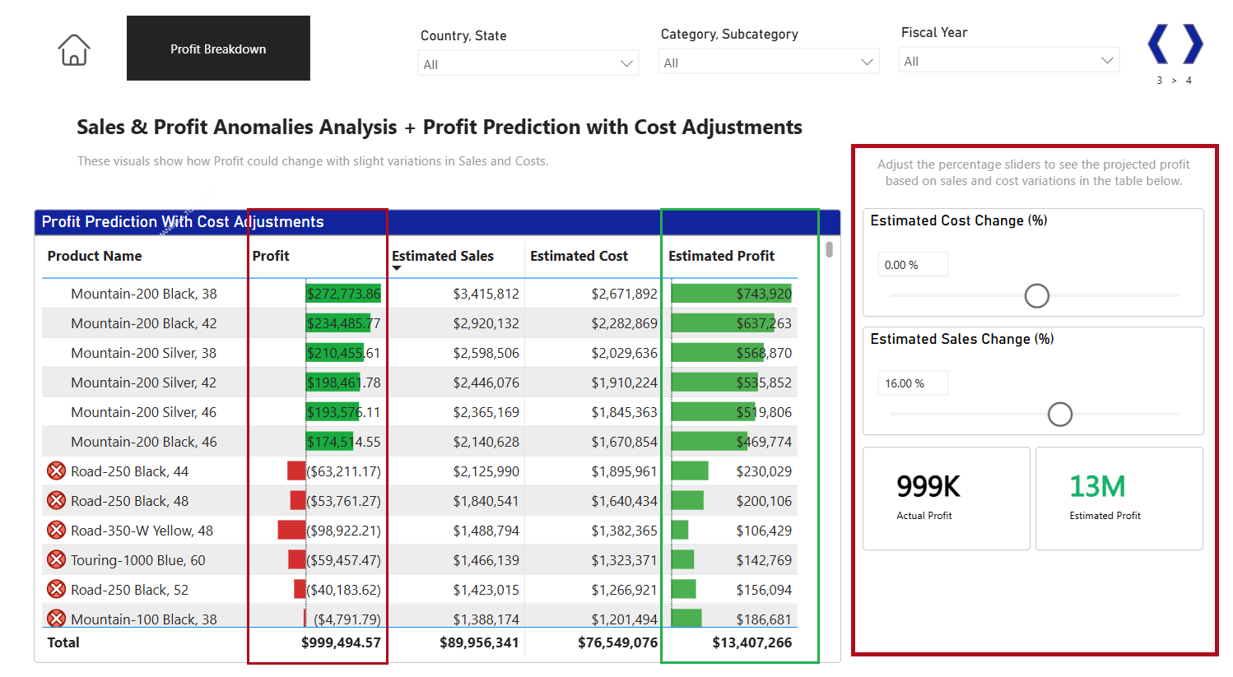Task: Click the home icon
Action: click(74, 50)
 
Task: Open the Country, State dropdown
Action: click(528, 64)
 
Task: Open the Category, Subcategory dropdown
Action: click(768, 63)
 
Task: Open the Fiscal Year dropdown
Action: click(1008, 61)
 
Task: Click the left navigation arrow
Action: click(1158, 44)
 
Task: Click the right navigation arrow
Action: click(1193, 44)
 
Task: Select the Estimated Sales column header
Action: click(443, 256)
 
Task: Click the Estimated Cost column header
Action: click(579, 256)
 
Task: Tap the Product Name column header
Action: click(95, 256)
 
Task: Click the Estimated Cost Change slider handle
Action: click(1036, 295)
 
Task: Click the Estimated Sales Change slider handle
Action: click(1059, 414)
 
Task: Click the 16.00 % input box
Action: click(912, 383)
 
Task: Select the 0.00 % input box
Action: click(912, 265)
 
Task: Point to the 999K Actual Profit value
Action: click(928, 487)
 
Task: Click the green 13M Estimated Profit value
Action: click(1096, 487)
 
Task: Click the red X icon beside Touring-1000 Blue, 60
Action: click(56, 560)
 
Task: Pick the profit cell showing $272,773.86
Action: click(343, 294)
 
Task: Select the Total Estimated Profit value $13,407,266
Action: click(751, 642)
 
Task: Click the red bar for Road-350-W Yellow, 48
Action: click(291, 531)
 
